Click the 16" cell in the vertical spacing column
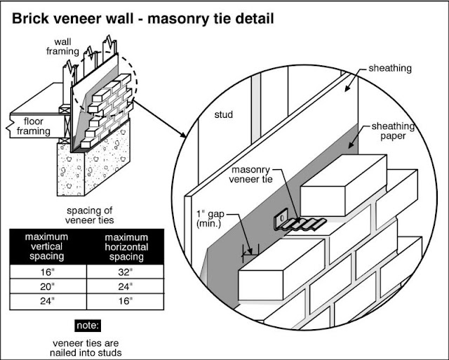(x=46, y=272)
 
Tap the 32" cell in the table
(x=125, y=272)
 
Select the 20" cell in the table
(x=46, y=286)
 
